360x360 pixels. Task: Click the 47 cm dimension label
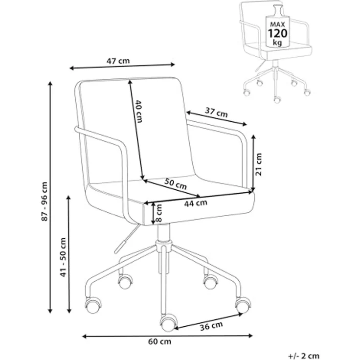(118, 61)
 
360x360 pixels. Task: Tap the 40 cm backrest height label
(138, 111)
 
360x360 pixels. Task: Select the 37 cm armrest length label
(216, 112)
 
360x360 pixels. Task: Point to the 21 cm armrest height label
(259, 164)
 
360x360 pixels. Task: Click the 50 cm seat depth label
(176, 184)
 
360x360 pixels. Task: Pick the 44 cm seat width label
(196, 203)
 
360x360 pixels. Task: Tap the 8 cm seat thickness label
(158, 213)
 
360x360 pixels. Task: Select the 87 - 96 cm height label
(45, 202)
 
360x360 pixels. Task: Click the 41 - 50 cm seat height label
(63, 257)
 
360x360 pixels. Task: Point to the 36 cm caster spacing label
(211, 326)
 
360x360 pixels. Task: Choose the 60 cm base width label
(159, 341)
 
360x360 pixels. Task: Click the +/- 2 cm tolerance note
(304, 356)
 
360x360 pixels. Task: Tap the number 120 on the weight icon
(277, 34)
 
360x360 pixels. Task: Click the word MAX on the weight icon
(277, 24)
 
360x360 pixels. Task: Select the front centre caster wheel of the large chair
(169, 323)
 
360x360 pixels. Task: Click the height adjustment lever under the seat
(127, 239)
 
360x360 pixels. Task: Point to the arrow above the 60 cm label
(167, 336)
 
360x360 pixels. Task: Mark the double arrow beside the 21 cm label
(253, 163)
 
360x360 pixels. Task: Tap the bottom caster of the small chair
(277, 99)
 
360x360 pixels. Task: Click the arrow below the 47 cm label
(122, 67)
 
